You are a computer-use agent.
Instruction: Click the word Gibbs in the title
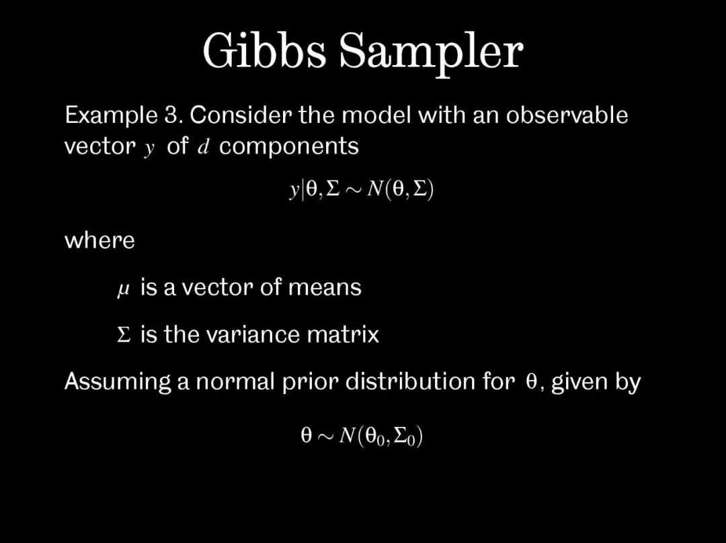(x=264, y=50)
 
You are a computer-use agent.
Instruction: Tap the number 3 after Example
(x=171, y=115)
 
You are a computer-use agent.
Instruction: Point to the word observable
(x=567, y=114)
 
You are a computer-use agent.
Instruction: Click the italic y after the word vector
(x=149, y=149)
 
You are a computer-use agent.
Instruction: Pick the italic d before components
(x=203, y=146)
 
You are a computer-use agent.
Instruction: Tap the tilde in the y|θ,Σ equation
(x=354, y=189)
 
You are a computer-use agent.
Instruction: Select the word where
(x=99, y=240)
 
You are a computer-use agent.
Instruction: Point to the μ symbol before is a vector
(x=123, y=290)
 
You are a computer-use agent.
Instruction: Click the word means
(x=325, y=287)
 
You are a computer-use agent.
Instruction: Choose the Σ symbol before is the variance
(x=124, y=334)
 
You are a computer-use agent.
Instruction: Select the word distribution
(x=410, y=381)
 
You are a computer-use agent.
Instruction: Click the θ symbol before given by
(x=532, y=381)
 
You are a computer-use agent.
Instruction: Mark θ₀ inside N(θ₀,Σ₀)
(x=374, y=437)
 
